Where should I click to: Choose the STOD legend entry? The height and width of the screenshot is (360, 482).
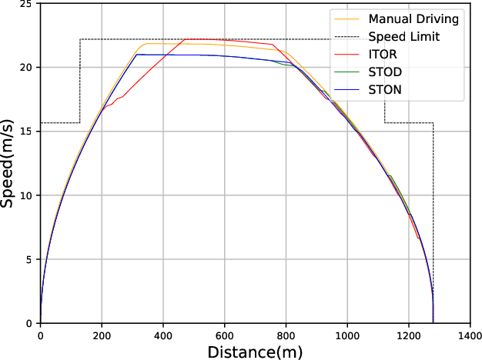tap(385, 72)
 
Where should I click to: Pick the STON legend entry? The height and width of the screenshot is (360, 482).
tap(385, 90)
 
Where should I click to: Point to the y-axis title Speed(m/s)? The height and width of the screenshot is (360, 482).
tap(9, 162)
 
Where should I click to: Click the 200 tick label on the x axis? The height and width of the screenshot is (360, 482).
tap(102, 336)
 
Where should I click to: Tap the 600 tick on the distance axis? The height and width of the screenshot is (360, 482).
tap(225, 336)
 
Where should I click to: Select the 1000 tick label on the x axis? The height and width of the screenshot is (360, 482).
tap(347, 336)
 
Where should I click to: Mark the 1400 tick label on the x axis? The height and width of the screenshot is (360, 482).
tap(470, 336)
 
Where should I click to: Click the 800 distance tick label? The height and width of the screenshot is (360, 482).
tap(286, 336)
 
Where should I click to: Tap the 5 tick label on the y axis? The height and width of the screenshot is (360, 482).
tap(29, 260)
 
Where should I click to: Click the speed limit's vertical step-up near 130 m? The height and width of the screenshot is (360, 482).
tap(80, 81)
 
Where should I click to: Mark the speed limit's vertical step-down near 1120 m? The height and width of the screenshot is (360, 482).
tap(385, 81)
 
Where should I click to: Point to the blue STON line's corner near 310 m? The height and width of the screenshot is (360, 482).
tap(136, 55)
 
